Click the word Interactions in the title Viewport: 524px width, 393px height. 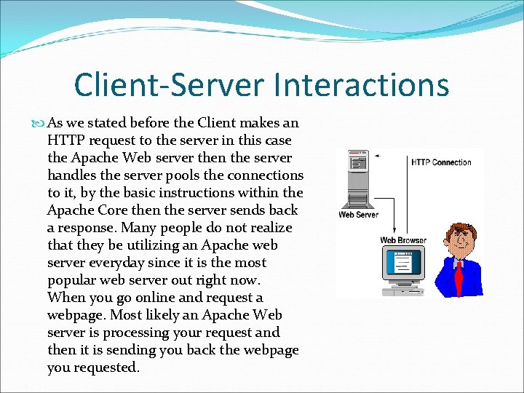(x=362, y=84)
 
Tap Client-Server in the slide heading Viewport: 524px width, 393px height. (x=170, y=84)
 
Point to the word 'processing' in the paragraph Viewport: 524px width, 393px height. (x=138, y=333)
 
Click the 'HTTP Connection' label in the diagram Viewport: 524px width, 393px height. (x=441, y=162)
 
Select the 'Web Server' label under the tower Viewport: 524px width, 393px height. (x=358, y=215)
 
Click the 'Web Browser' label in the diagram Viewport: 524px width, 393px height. (x=403, y=240)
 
